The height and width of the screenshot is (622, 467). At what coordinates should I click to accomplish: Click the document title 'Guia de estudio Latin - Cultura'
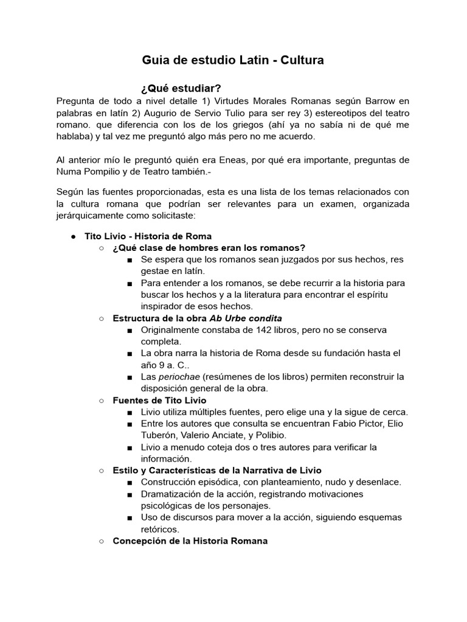[x=233, y=60]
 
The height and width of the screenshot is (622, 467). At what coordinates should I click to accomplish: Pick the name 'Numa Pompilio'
[x=88, y=172]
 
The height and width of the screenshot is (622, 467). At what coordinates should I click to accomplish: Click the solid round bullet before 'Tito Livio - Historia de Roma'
[x=72, y=236]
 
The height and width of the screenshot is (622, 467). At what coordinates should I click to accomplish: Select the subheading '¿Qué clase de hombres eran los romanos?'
[x=209, y=248]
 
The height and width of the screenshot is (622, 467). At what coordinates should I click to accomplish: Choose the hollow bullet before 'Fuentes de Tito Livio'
[x=102, y=400]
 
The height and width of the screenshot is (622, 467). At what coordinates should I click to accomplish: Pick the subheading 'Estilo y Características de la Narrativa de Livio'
[x=217, y=470]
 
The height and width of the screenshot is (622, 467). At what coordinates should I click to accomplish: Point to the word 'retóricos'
[x=159, y=529]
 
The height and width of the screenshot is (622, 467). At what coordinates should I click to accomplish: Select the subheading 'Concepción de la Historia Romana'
[x=190, y=541]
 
